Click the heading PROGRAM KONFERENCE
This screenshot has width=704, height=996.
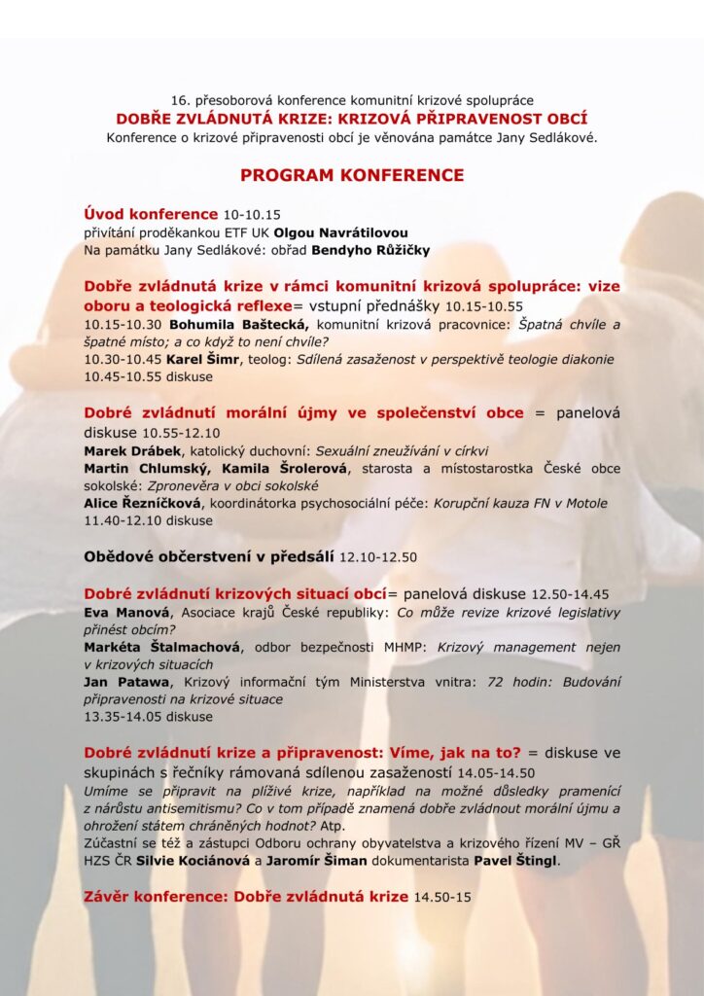(352, 175)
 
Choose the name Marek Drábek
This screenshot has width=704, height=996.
(125, 451)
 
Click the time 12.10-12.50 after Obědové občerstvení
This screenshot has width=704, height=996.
(377, 557)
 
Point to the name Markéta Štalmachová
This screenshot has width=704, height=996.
(156, 647)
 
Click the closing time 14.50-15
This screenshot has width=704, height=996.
(442, 896)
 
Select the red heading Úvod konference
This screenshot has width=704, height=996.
(151, 214)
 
